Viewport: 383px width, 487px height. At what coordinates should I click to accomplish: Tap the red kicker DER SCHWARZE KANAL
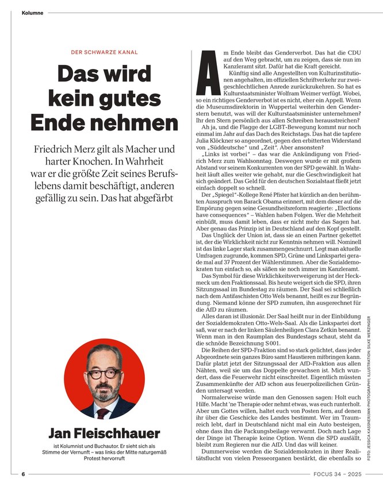[104, 52]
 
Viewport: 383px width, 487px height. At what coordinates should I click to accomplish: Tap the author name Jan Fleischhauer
[104, 433]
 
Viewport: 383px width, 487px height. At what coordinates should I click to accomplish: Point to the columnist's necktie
[104, 412]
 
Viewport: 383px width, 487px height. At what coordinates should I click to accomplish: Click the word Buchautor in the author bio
[113, 447]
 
